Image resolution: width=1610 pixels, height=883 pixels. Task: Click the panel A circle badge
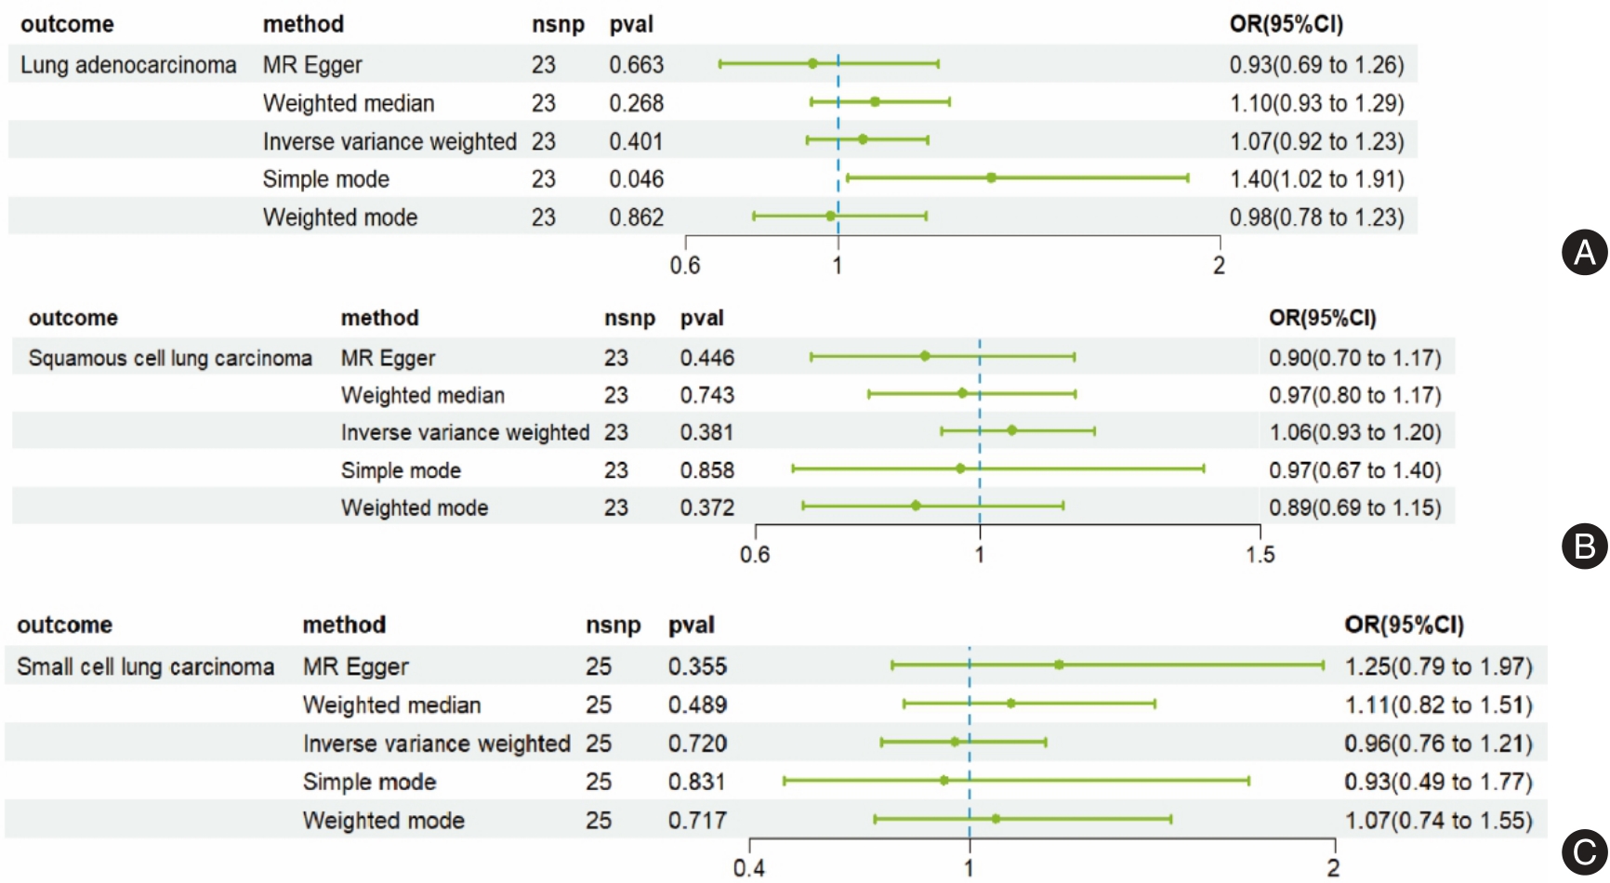point(1584,253)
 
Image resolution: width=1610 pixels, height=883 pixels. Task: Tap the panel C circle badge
point(1584,851)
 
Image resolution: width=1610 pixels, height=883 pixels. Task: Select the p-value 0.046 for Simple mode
point(637,179)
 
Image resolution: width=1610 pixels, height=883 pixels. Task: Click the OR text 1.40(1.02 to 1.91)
point(1316,179)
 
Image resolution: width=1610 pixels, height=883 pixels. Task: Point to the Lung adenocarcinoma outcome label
point(128,65)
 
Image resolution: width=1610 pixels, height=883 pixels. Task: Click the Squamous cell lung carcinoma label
point(170,359)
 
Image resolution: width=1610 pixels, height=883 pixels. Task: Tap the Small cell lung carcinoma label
point(145,667)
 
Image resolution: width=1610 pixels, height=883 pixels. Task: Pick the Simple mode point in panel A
point(992,178)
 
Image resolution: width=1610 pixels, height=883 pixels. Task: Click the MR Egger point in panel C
point(1059,665)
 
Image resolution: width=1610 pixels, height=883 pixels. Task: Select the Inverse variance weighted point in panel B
point(1012,430)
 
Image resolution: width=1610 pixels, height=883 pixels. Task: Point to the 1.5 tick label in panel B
point(1260,555)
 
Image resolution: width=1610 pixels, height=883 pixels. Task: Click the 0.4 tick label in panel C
point(749,868)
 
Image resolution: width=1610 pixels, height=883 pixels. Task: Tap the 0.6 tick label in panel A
point(685,266)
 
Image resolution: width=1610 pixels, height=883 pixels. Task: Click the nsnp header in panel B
point(629,319)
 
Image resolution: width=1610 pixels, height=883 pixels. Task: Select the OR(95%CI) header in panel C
point(1404,626)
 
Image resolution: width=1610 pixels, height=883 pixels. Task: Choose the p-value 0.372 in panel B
point(707,508)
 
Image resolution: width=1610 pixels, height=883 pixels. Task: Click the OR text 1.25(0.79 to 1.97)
point(1438,667)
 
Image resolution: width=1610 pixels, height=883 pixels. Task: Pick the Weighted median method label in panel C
point(391,705)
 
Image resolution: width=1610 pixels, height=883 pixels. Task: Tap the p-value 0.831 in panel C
point(697,783)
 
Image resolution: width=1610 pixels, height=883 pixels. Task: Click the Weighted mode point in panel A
point(831,216)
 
